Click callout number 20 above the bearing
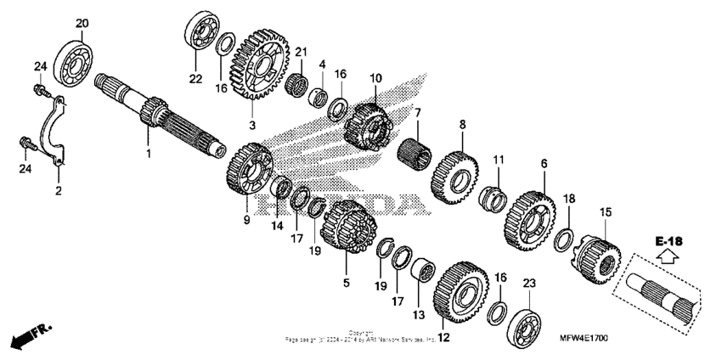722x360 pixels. click(x=82, y=23)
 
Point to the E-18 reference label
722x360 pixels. click(x=669, y=241)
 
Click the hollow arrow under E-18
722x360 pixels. click(x=669, y=256)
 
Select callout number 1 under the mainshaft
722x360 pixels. click(x=148, y=154)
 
